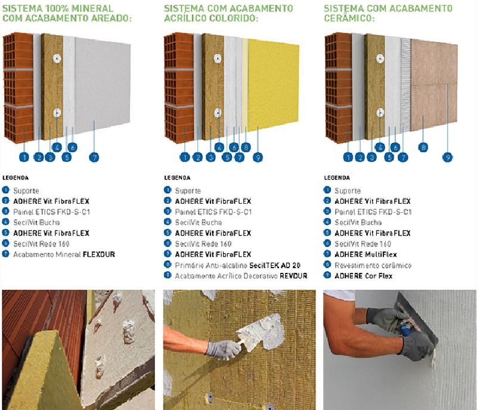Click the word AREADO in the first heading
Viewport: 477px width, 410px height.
(110, 18)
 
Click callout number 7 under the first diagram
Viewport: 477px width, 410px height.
(94, 157)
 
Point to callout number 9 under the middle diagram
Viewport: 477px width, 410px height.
(258, 157)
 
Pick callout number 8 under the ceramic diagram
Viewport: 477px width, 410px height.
(423, 148)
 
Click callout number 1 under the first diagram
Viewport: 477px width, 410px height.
(24, 157)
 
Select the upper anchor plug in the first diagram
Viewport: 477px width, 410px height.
(57, 58)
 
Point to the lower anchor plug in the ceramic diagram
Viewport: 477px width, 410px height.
(380, 113)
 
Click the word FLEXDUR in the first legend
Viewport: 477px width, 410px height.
(99, 254)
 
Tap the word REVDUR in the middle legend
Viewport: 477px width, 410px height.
(293, 276)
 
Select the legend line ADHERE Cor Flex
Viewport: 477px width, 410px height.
(363, 276)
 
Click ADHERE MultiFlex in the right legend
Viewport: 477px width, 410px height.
(366, 254)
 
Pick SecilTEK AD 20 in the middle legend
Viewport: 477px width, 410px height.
(275, 265)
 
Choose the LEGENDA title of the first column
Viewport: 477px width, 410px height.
(16, 178)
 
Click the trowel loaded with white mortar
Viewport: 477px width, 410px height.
(262, 332)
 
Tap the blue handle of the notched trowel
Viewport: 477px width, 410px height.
(406, 330)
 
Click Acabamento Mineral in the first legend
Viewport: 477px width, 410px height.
(47, 254)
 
